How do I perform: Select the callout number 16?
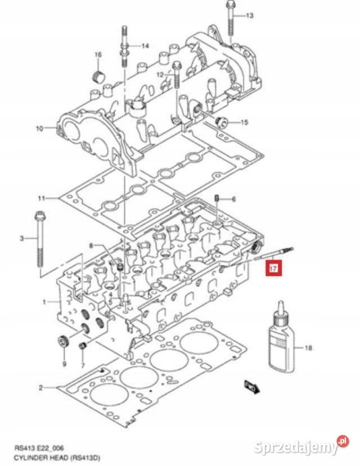(97, 55)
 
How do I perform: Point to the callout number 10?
(39, 129)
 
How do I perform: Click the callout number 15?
(244, 122)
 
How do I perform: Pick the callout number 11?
(40, 198)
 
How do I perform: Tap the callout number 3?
(22, 238)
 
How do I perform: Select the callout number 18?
(307, 349)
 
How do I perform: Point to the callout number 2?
(40, 388)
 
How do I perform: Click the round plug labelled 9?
(62, 341)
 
